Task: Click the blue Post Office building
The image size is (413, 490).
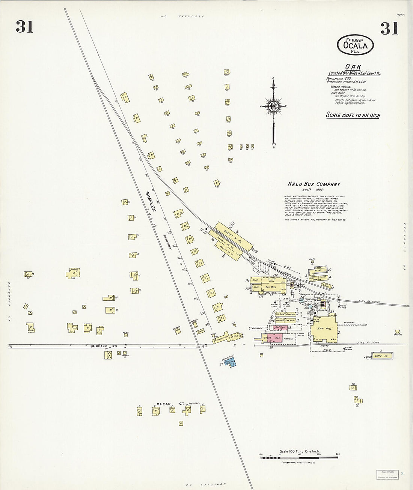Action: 230,362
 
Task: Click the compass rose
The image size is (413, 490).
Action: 273,106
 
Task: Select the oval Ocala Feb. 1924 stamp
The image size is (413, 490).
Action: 355,45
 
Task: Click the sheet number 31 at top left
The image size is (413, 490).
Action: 24,27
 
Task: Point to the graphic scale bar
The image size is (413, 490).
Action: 300,455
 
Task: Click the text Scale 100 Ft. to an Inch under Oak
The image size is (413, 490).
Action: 353,115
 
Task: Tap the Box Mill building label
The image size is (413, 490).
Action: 270,287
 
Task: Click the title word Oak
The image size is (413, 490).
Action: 353,67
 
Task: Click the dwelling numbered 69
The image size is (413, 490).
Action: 72,273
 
